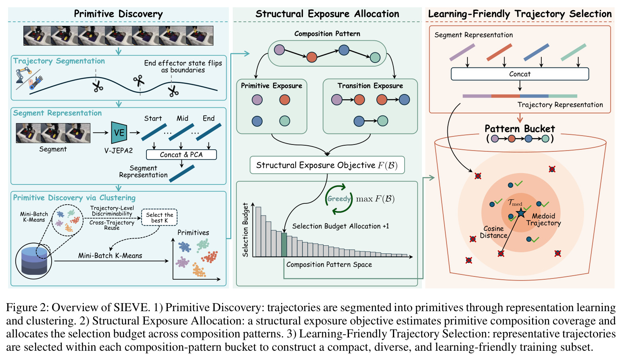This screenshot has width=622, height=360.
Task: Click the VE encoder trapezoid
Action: point(119,132)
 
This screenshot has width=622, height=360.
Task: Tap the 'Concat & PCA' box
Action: point(182,155)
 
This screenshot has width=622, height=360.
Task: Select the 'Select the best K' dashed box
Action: point(159,218)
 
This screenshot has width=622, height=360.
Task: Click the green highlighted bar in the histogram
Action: point(284,245)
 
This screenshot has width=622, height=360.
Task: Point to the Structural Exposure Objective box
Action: point(327,165)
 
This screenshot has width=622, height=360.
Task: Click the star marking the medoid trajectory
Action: point(521,213)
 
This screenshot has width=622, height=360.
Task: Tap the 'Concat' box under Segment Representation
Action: point(520,74)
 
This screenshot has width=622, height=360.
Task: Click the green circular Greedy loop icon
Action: point(339,199)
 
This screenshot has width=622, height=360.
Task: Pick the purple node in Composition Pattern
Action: point(279,50)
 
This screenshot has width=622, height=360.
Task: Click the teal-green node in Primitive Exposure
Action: point(285,121)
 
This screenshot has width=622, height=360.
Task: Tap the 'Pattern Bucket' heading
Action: point(520,129)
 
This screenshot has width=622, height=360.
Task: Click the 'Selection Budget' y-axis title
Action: point(245,230)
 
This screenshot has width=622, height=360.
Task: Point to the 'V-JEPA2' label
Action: point(119,151)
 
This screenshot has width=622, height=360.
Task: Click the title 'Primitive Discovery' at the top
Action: point(118,14)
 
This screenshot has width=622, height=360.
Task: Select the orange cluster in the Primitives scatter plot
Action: point(199,270)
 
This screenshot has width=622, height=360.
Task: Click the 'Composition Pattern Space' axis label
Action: point(329,265)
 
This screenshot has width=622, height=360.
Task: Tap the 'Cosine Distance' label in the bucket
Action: point(493,232)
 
